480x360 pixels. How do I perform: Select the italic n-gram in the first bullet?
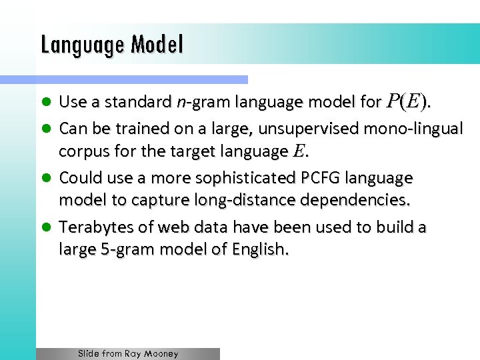point(194,102)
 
